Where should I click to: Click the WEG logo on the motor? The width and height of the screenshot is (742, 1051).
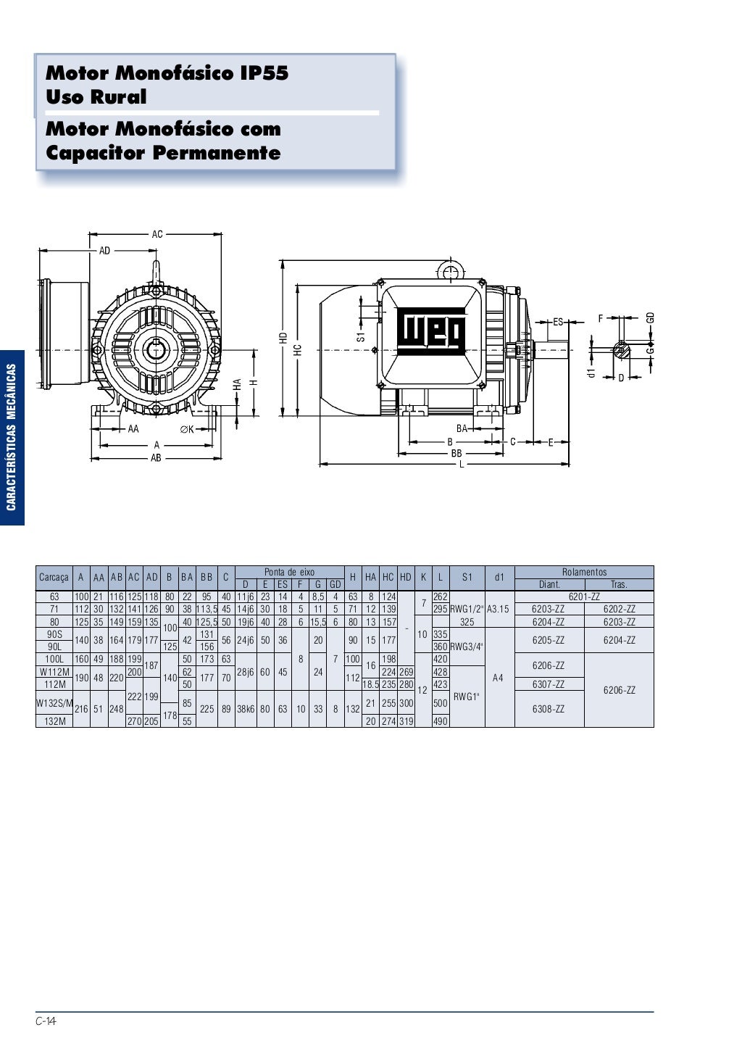click(x=431, y=331)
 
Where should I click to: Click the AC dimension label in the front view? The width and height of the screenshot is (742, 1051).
click(x=157, y=233)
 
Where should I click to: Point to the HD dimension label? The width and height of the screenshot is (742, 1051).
click(x=283, y=338)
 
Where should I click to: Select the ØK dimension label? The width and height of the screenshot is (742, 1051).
click(x=188, y=429)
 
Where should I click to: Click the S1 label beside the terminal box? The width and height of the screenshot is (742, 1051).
click(x=361, y=336)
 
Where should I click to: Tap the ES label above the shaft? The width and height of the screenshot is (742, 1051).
click(x=558, y=322)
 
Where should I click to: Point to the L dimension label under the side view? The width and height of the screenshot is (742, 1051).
click(x=462, y=464)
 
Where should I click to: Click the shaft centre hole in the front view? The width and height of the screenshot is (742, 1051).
click(x=156, y=350)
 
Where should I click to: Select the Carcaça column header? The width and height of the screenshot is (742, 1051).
click(x=54, y=577)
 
